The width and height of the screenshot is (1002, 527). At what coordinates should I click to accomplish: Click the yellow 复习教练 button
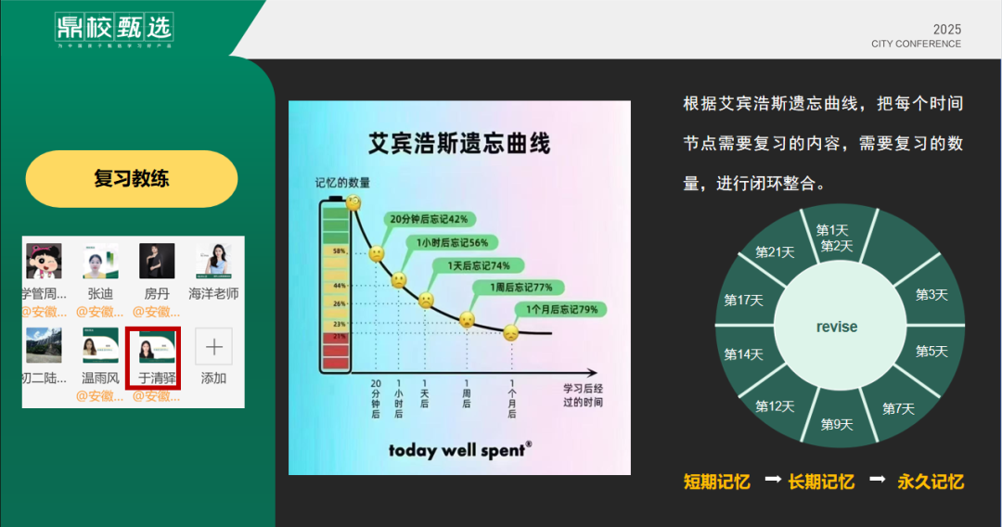coord(132,179)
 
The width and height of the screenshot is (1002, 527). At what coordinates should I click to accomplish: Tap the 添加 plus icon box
coord(213,347)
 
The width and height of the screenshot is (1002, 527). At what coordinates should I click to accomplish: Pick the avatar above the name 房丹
coord(157,262)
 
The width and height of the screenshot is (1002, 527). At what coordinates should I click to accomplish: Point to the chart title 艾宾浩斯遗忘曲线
coord(459,144)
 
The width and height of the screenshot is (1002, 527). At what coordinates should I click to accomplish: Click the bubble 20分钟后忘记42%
coord(428,219)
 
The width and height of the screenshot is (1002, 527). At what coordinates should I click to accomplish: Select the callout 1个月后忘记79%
coord(562,309)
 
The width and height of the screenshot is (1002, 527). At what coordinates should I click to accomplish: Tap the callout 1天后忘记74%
coord(478,265)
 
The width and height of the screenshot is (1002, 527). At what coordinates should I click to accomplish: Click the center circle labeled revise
coord(837,327)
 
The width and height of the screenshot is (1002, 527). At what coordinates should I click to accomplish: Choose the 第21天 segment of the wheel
coord(775,251)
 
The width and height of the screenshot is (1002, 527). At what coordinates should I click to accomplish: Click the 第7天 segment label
coord(898,408)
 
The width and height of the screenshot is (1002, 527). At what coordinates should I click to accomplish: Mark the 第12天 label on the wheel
coord(775,406)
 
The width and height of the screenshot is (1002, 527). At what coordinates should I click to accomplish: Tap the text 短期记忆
coord(716,482)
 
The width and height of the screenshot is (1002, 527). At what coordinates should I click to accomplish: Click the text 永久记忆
coord(931,482)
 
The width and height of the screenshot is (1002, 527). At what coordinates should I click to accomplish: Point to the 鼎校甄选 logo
coord(113,28)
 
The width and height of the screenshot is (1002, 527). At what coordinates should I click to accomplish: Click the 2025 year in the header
coord(946,29)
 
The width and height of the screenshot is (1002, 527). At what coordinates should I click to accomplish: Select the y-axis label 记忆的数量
coord(342,182)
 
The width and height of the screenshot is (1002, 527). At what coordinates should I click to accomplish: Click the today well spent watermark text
coord(459,450)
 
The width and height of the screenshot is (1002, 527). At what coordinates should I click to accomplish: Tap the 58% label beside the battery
coord(339,251)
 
